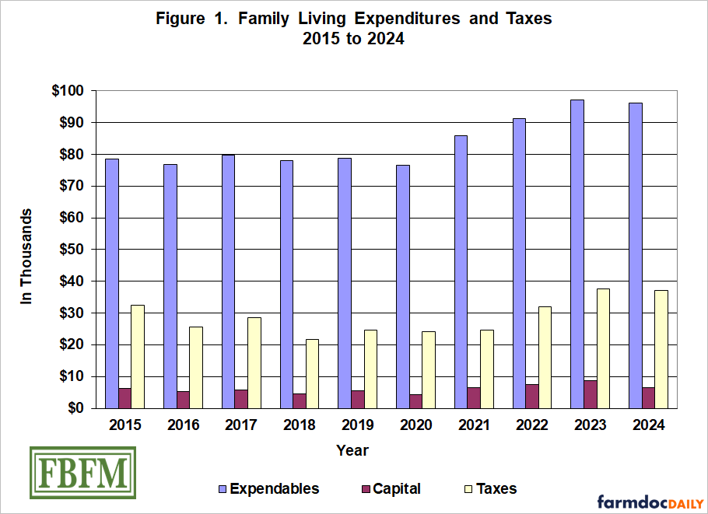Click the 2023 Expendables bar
[x=577, y=254]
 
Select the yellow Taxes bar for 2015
[x=137, y=356]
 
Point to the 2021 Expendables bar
[x=461, y=271]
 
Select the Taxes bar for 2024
[x=661, y=349]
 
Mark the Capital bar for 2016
[x=183, y=400]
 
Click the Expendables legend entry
[x=268, y=489]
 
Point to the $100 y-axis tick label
[x=67, y=91]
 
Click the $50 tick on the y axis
[x=70, y=250]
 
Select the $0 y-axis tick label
[x=75, y=408]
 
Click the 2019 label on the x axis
[x=358, y=425]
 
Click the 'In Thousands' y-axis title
[x=26, y=256]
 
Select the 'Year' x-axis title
[x=352, y=450]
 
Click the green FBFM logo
[x=82, y=473]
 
